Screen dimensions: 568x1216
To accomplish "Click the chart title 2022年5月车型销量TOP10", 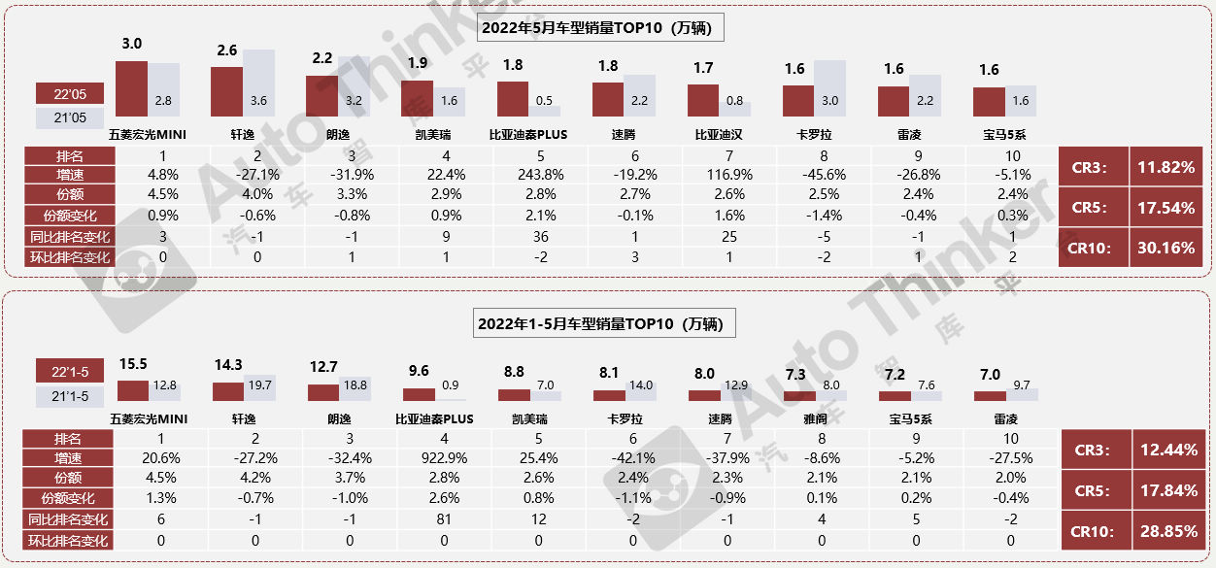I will [602, 28].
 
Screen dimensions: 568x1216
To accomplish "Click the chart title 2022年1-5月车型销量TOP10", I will [604, 323].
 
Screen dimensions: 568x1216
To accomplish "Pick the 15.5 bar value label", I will [133, 364].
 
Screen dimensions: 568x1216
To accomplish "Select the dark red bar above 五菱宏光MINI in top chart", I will [131, 89].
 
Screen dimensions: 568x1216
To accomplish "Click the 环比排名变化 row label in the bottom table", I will [68, 541].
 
